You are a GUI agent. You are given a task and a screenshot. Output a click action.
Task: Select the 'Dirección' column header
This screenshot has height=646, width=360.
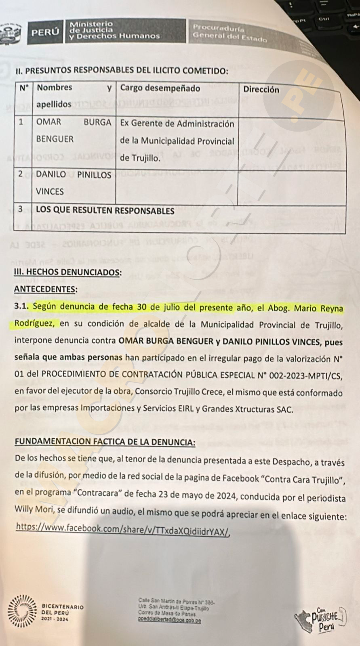[261, 90]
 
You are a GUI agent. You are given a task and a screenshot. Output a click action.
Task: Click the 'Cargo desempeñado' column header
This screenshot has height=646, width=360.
[160, 88]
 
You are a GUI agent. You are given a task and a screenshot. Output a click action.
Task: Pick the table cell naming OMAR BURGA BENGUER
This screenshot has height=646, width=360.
[74, 130]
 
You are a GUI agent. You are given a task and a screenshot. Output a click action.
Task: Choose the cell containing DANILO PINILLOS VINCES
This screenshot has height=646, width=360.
[74, 183]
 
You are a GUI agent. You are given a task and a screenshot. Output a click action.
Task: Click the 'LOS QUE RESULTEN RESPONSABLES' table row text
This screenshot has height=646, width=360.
[105, 211]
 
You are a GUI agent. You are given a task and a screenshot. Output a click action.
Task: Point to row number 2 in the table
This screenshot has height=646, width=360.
[20, 174]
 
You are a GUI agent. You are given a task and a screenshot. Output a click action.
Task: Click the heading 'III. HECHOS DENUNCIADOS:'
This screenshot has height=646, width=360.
[67, 272]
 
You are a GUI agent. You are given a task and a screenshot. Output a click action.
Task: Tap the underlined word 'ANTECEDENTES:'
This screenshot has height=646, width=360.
[46, 289]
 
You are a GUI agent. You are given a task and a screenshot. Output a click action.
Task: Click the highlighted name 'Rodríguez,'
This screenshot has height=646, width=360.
[36, 324]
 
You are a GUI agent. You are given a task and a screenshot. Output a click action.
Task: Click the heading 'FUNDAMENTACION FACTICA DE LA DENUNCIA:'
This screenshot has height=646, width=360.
[105, 442]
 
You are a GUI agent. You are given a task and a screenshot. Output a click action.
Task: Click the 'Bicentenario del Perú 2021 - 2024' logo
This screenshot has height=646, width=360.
[45, 612]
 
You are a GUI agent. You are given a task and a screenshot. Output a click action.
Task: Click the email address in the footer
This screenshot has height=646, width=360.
[169, 621]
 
